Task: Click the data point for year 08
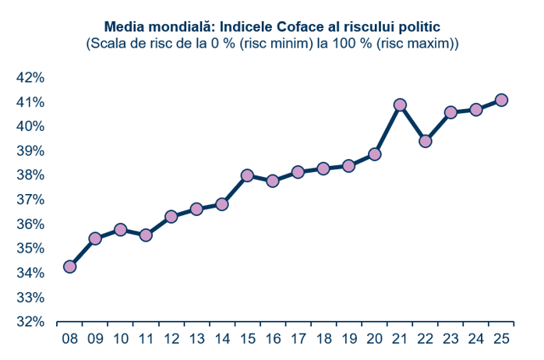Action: (x=69, y=266)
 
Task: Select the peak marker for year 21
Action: (x=400, y=104)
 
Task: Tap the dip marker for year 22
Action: (x=426, y=141)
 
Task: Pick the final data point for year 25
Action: (x=502, y=100)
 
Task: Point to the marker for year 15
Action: (x=247, y=175)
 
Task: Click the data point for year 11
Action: (x=146, y=235)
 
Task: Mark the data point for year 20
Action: (x=374, y=154)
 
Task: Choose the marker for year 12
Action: (x=171, y=217)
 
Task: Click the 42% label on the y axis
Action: (x=29, y=77)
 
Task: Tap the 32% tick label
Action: (x=29, y=322)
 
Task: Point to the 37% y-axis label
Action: (x=29, y=199)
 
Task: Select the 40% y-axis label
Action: (x=29, y=126)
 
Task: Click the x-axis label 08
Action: (x=69, y=339)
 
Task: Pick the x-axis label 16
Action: (x=273, y=339)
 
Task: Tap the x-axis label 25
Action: (x=502, y=339)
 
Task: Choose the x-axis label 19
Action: (x=349, y=339)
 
